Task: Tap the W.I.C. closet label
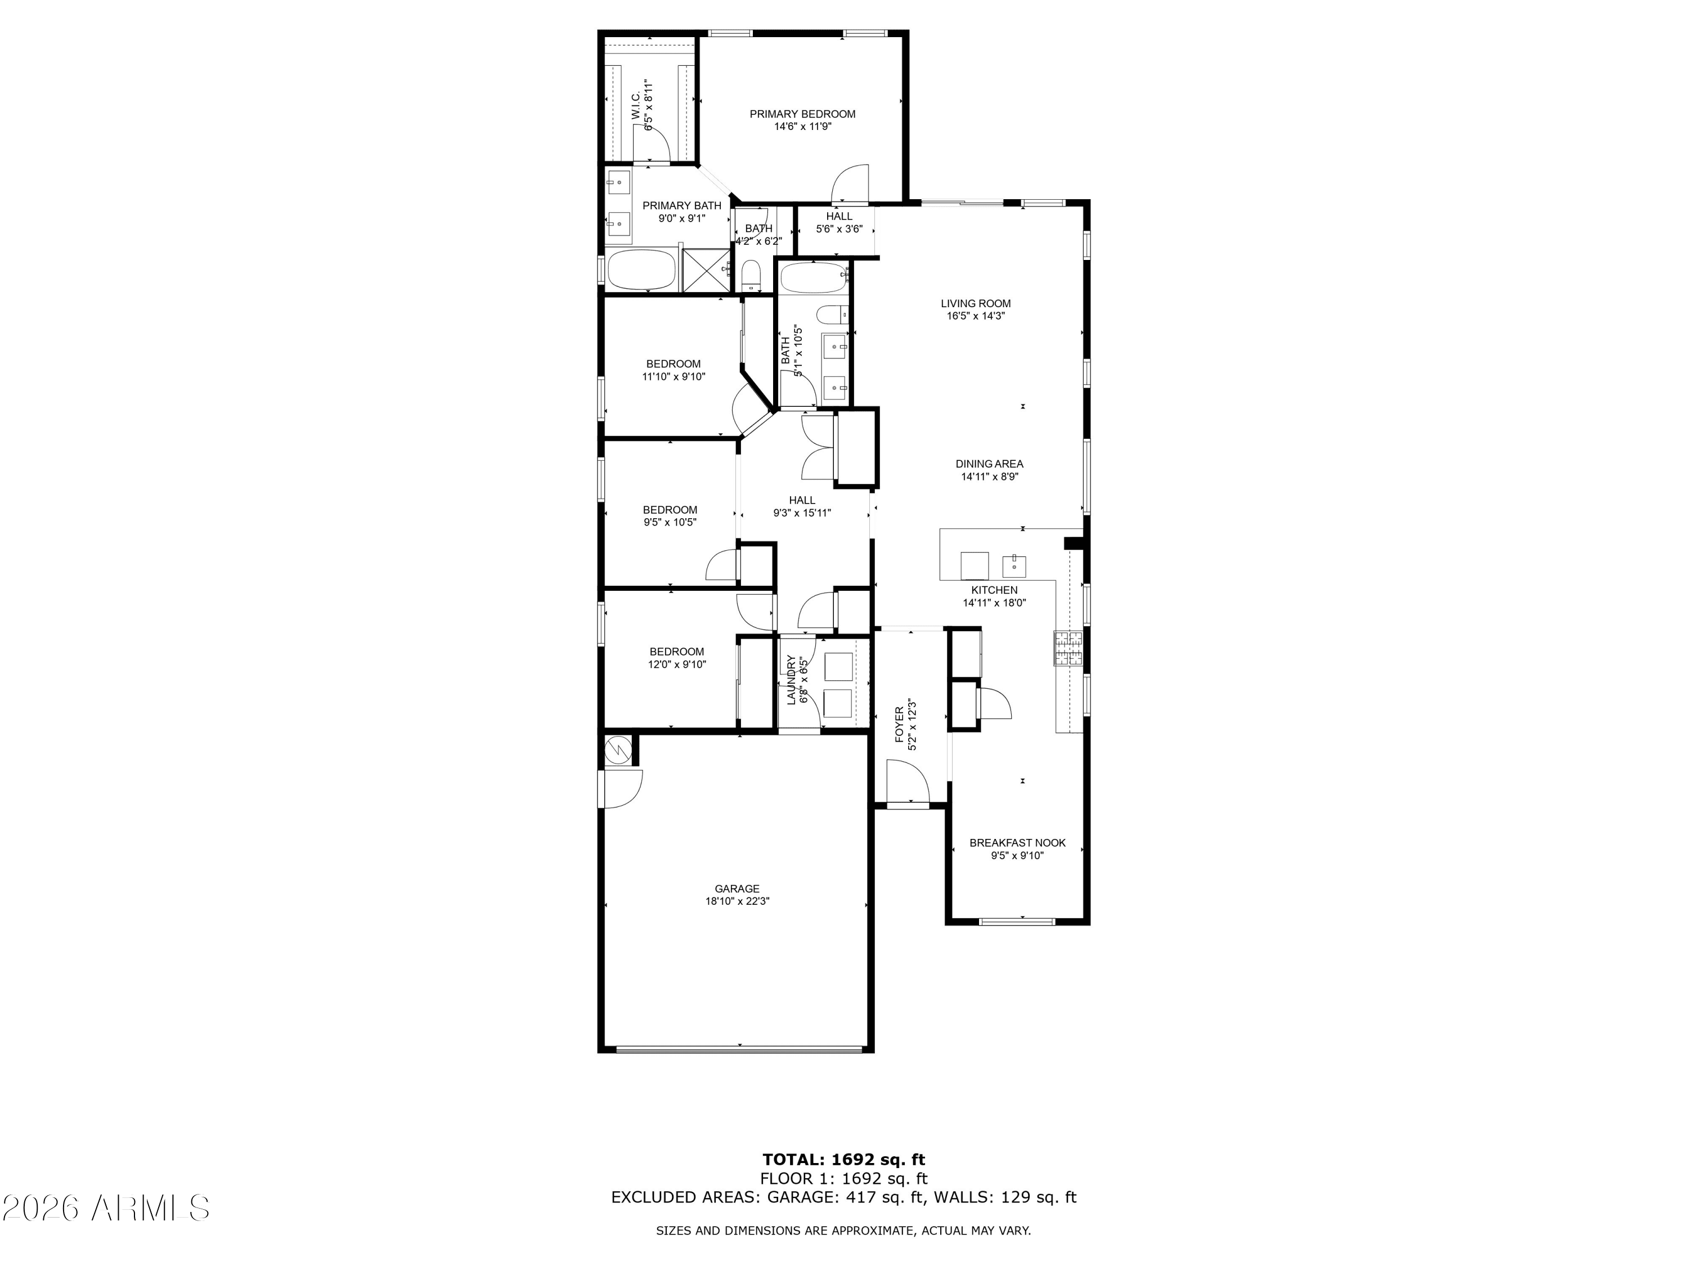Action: point(636,105)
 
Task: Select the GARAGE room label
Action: point(737,888)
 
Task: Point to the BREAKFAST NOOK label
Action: point(1017,842)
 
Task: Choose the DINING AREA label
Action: point(989,463)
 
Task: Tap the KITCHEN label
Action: point(994,590)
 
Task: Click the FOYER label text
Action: point(899,724)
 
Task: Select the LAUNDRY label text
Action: point(791,680)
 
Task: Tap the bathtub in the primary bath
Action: point(641,270)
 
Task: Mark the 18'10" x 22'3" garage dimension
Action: point(737,900)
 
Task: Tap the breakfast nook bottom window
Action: point(1017,922)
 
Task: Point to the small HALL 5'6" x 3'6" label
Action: point(839,222)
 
